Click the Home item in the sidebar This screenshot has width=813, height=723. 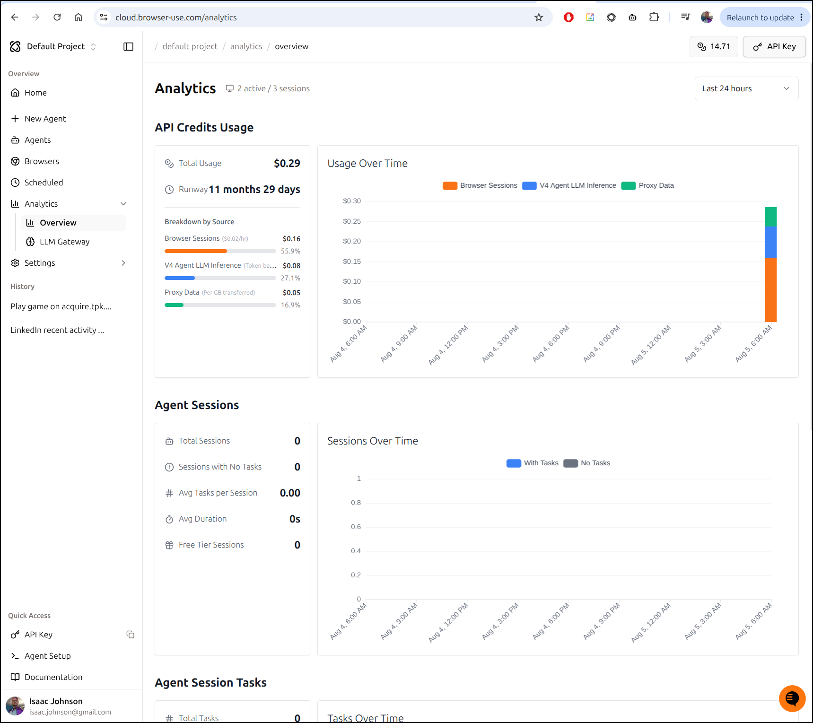click(35, 93)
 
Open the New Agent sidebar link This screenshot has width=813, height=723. click(45, 119)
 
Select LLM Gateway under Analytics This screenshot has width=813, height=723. click(64, 242)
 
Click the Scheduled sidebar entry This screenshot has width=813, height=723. click(44, 183)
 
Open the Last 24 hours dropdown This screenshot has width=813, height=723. click(746, 88)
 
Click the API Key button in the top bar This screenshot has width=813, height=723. click(774, 46)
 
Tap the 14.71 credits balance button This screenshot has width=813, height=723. click(714, 46)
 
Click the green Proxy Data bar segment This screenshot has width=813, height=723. click(771, 217)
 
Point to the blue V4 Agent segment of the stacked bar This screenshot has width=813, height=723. click(771, 243)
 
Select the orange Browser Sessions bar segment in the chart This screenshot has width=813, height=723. click(771, 290)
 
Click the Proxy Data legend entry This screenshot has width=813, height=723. click(648, 185)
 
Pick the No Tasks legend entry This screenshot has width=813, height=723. click(587, 463)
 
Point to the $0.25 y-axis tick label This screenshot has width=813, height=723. click(352, 221)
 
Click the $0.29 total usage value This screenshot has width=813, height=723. click(287, 163)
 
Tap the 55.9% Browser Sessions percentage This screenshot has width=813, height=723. click(290, 251)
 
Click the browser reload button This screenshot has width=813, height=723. click(57, 17)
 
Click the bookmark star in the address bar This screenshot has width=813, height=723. click(539, 17)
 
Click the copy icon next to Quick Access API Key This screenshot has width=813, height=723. click(131, 635)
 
